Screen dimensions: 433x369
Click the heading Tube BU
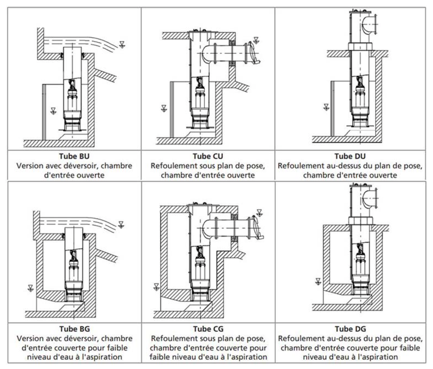pos(74,156)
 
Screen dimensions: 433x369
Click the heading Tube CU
pos(208,156)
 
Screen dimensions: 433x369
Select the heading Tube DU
pos(350,156)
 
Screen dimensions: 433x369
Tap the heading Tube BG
pos(75,329)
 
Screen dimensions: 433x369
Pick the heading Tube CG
pos(208,329)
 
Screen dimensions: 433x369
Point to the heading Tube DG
pos(350,329)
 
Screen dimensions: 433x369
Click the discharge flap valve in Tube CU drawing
pos(254,53)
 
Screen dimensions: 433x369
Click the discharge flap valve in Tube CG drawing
pos(257,228)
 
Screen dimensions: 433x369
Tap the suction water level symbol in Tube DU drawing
pos(326,107)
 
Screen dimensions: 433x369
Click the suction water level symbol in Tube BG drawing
pos(31,288)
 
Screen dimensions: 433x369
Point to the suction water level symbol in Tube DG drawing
pos(318,282)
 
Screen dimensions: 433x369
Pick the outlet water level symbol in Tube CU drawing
pos(256,40)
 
